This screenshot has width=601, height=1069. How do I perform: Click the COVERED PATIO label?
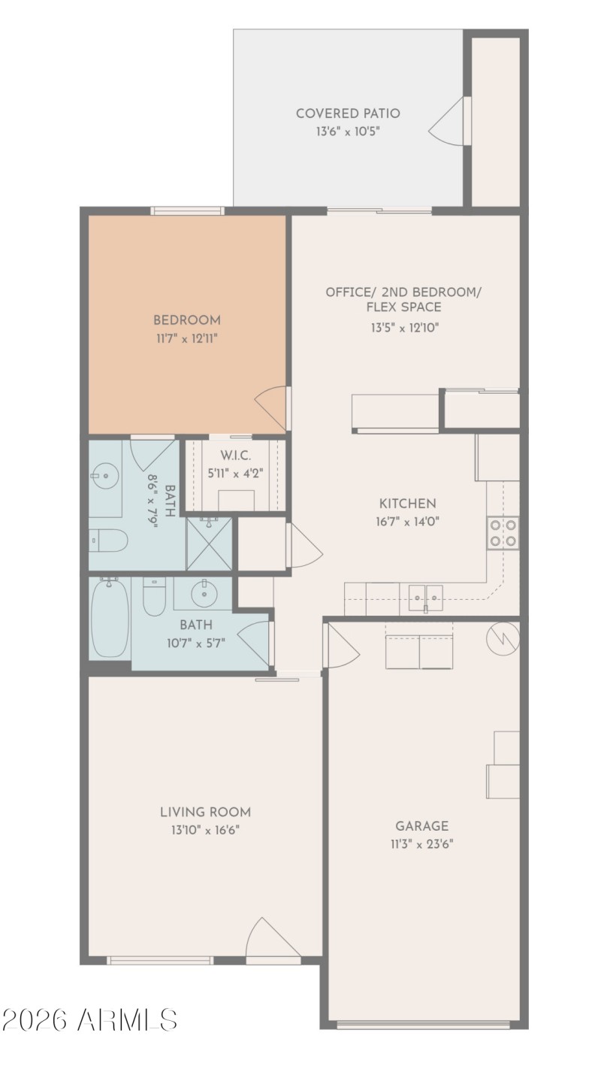point(347,114)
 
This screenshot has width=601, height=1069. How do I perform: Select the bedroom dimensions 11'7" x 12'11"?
point(186,338)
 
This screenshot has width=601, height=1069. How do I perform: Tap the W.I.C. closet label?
point(235,456)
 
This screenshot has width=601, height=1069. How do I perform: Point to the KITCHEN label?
point(407,504)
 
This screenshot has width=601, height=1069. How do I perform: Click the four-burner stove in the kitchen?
point(503,533)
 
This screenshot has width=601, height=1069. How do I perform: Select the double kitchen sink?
point(425,598)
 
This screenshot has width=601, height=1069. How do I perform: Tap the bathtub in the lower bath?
point(110,618)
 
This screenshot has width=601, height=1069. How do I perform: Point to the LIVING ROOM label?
point(205,812)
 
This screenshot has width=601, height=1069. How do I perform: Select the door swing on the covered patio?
point(448,122)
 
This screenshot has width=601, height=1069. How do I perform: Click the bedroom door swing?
point(272,408)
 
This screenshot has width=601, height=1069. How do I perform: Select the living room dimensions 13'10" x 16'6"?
point(205,830)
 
